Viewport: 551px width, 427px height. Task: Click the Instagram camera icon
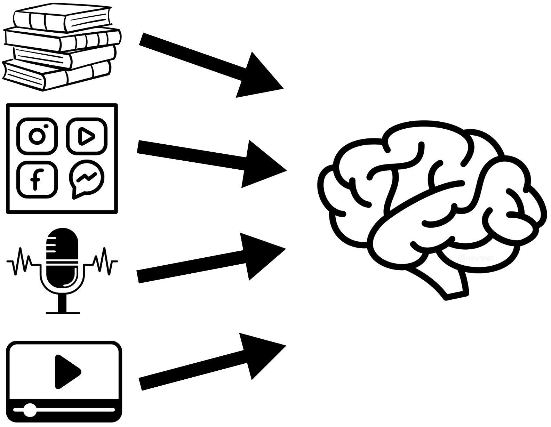coord(37,136)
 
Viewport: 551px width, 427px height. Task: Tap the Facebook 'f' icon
coord(37,179)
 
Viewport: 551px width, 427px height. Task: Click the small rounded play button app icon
coord(86,136)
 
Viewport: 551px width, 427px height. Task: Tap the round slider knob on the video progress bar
coord(30,410)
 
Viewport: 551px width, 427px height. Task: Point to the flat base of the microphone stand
coord(63,313)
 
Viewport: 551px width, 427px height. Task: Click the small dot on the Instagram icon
coord(46,126)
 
